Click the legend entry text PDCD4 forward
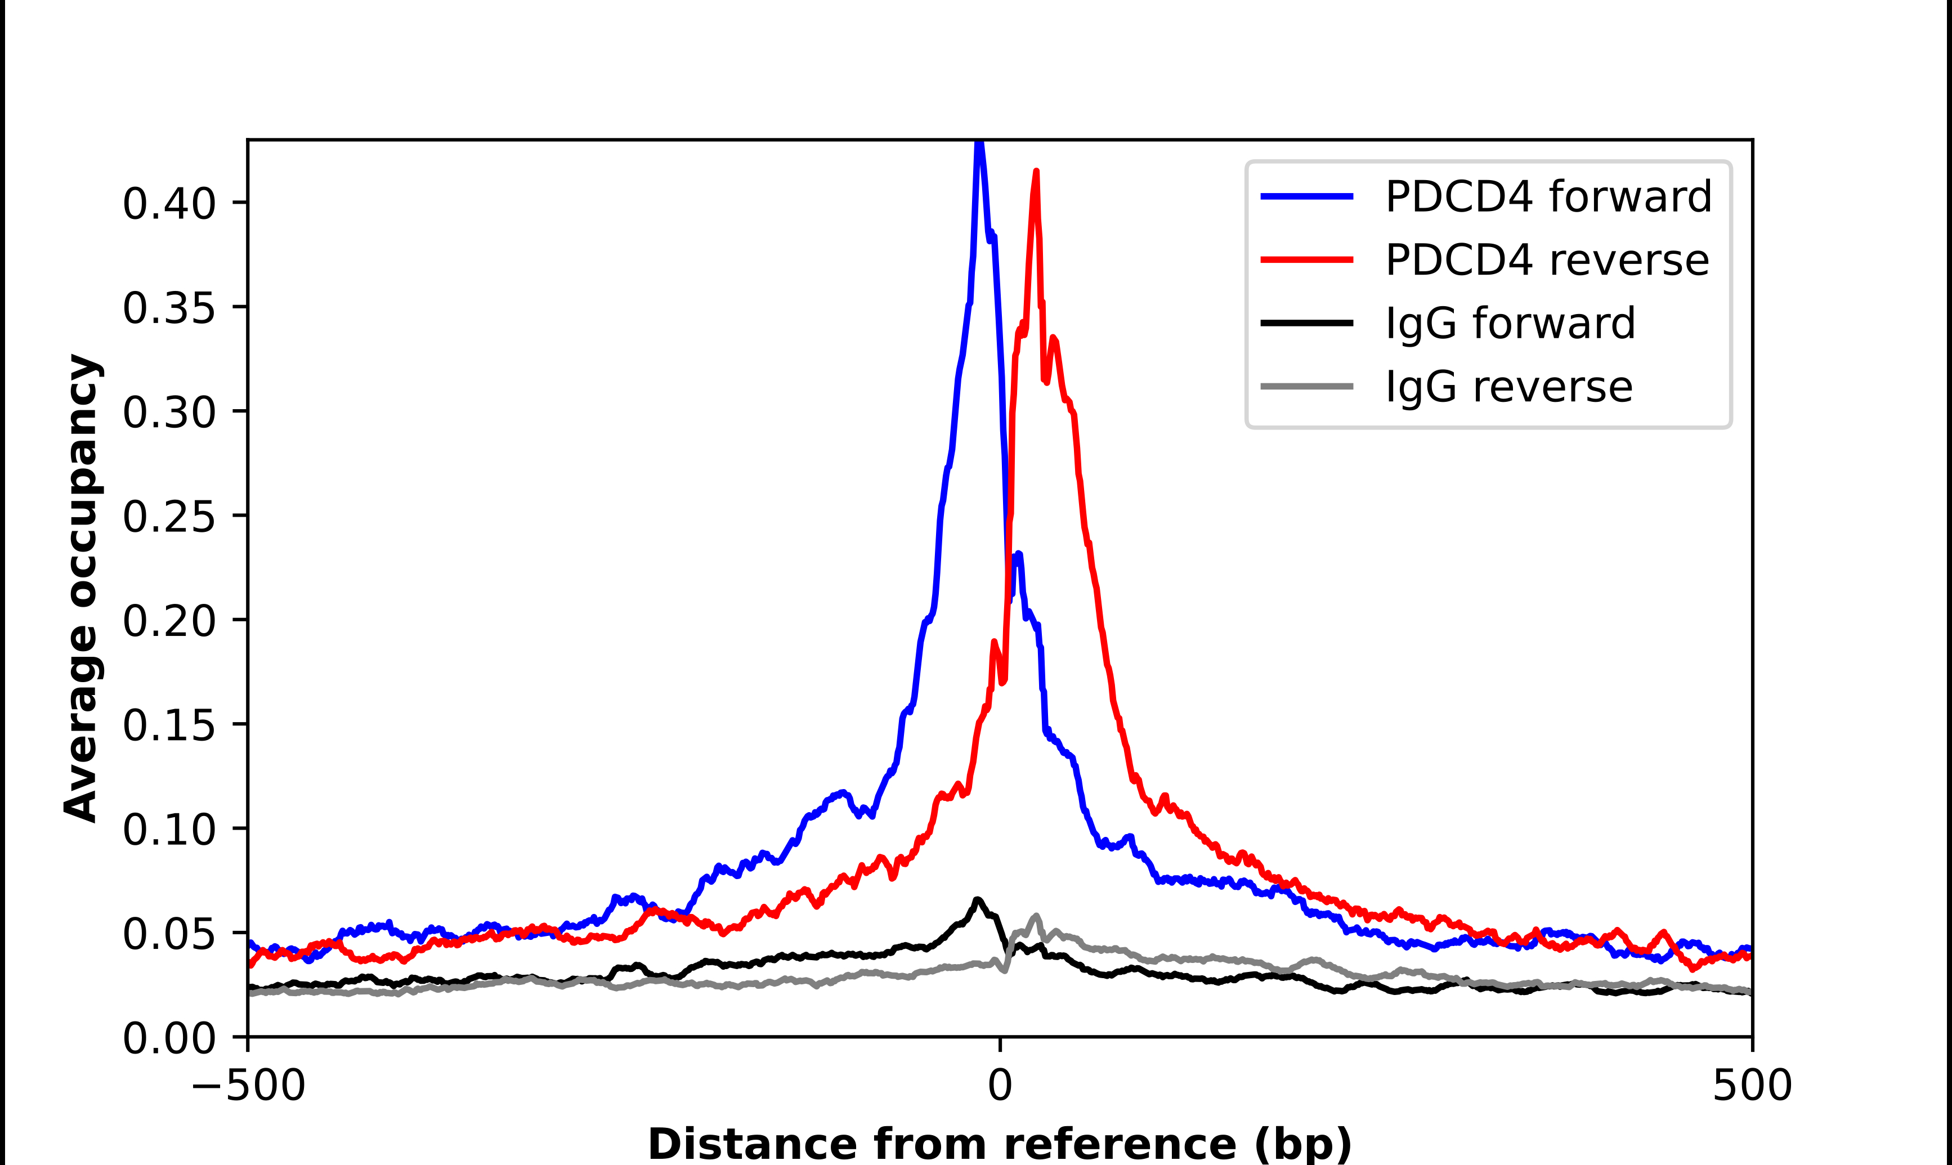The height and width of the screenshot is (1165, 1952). coord(1548,196)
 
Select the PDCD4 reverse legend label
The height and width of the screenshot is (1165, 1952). coord(1547,260)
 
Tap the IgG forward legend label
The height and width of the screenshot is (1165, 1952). coord(1510,324)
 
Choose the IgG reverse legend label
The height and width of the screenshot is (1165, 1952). coord(1508,387)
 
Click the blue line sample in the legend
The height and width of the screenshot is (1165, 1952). coord(1307,196)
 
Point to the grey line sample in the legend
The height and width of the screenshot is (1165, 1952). coord(1307,386)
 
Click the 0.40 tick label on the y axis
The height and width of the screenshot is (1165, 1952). coord(169,203)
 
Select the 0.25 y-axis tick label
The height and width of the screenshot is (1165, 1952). coord(169,517)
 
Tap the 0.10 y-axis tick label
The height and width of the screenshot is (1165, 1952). coord(169,829)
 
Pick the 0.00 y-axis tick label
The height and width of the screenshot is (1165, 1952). coord(169,1038)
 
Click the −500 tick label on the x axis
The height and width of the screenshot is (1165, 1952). coord(248,1086)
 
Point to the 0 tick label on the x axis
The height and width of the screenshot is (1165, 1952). coord(1000,1086)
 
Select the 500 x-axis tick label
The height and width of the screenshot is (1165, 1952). coord(1752,1086)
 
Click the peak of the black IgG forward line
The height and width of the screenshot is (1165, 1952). coord(977,900)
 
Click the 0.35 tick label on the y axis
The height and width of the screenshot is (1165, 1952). coord(169,308)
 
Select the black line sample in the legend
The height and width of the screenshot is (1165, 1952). coord(1307,322)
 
